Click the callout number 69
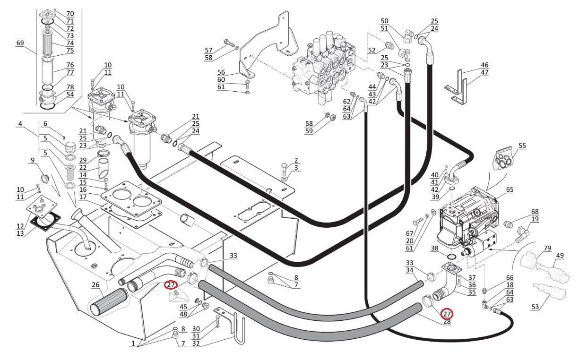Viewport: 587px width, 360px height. (20, 43)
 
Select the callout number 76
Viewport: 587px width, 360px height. (70, 65)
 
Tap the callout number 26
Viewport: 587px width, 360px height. (95, 285)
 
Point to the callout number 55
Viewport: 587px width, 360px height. (522, 146)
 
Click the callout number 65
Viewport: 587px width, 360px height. (509, 189)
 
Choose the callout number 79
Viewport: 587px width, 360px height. (547, 248)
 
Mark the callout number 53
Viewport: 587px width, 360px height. (535, 307)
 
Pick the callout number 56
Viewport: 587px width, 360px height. (221, 72)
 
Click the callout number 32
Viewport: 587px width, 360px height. (196, 343)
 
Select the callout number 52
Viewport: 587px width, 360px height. (371, 50)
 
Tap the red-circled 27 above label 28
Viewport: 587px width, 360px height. (447, 314)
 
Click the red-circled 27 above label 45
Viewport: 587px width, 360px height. (171, 285)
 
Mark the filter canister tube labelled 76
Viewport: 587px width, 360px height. (48, 70)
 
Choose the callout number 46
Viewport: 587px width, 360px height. (484, 65)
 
